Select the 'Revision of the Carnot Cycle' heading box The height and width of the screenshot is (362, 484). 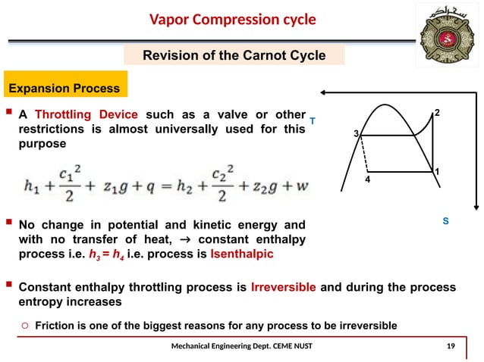tap(234, 55)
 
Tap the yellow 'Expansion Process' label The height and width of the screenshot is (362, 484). tap(64, 89)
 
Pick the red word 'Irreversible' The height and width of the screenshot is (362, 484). tap(281, 288)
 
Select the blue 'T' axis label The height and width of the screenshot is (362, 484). tap(312, 120)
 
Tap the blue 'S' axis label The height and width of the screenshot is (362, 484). tap(446, 222)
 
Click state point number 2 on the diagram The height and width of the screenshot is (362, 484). tap(437, 113)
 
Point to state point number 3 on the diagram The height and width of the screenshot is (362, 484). tap(356, 134)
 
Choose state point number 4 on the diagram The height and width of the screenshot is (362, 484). tap(366, 182)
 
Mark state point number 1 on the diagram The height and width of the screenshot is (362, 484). tap(437, 173)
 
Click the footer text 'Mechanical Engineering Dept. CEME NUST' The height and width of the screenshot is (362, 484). tap(245, 347)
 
